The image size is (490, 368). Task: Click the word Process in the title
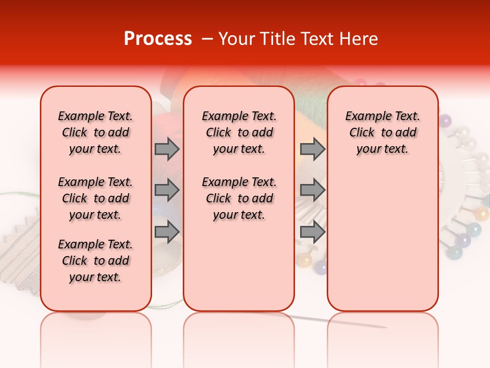point(158,39)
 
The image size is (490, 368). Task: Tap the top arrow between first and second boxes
point(167,149)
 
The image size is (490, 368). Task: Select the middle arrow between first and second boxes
point(167,190)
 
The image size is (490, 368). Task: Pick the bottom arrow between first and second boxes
point(167,232)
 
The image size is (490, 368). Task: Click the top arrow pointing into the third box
point(312,149)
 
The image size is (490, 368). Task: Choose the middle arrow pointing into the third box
point(312,190)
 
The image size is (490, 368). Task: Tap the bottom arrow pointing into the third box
point(312,232)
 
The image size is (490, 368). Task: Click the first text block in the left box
point(95,132)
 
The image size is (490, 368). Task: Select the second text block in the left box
point(95,198)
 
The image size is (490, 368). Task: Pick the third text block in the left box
point(95,261)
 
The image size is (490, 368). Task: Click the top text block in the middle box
point(239,132)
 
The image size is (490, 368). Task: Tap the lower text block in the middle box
point(239,198)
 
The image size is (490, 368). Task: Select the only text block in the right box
point(382,132)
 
